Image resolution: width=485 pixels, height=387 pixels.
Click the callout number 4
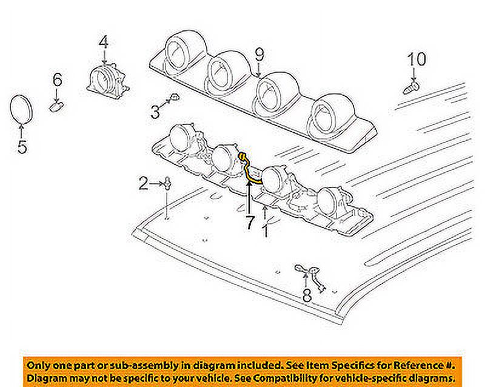point(104,42)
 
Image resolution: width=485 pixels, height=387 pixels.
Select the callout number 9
point(259,55)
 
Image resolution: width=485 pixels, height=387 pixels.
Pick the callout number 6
point(57,79)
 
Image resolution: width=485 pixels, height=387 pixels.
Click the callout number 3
point(156,111)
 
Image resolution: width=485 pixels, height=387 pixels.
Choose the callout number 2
point(143,183)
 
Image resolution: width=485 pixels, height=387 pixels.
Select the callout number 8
point(307,296)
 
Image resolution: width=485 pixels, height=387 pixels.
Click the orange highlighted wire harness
point(250,169)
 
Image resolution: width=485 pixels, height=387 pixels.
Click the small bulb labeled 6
point(58,107)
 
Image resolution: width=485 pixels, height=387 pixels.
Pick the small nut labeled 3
point(173,97)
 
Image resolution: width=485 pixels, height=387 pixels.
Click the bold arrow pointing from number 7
point(248,194)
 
